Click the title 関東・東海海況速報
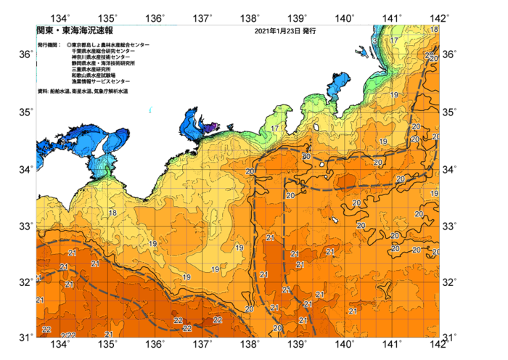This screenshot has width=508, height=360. (74, 32)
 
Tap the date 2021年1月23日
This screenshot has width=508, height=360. (276, 32)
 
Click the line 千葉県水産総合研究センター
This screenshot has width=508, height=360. (103, 51)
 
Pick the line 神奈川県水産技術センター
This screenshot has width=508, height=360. (100, 57)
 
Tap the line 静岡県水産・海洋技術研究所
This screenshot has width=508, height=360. (105, 63)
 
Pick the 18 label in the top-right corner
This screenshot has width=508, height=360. (434, 30)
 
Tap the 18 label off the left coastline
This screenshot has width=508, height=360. (112, 213)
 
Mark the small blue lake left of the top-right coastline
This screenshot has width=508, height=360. (361, 50)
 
